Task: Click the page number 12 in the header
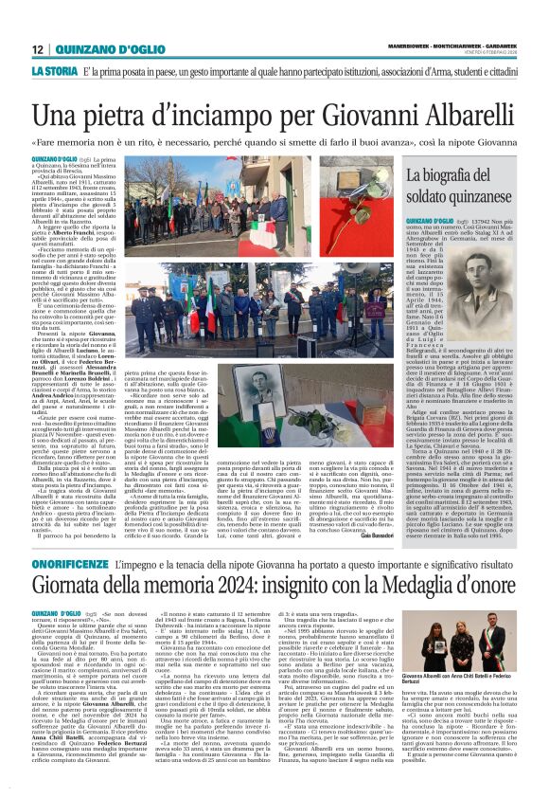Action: [x=38, y=49]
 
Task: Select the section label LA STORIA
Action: [x=54, y=72]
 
